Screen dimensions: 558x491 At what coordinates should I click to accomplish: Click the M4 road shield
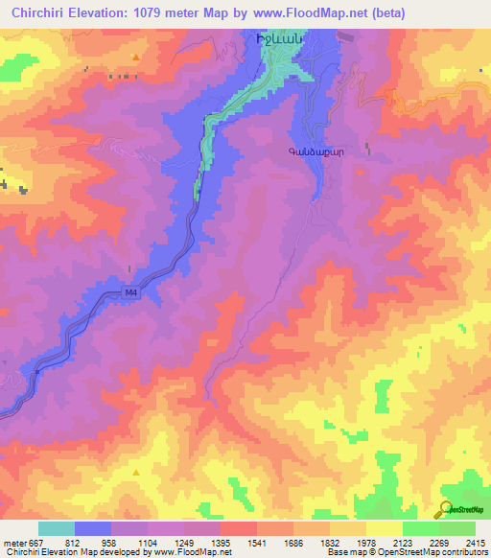131,293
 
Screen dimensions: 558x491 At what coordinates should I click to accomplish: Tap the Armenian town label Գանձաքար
313,151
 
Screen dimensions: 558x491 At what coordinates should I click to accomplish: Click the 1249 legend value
189,544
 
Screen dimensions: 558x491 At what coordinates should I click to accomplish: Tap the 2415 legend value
475,544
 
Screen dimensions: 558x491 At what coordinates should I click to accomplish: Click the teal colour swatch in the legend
57,528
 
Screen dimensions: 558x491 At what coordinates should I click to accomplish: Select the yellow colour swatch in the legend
384,528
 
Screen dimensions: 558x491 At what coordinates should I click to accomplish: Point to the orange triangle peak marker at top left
136,57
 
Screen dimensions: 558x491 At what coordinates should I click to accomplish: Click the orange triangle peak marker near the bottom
136,472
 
